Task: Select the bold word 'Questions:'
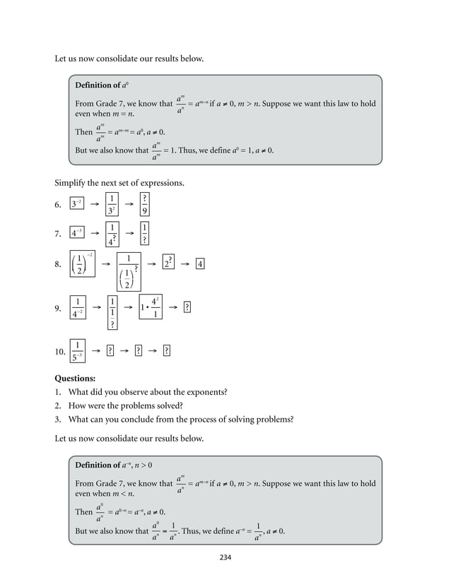(x=75, y=378)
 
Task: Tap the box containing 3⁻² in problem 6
(x=78, y=204)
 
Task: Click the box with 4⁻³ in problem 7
(x=78, y=232)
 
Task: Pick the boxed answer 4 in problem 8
(x=201, y=264)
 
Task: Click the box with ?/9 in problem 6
(x=144, y=204)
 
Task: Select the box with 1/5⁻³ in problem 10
(x=78, y=350)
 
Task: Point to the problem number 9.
(x=59, y=308)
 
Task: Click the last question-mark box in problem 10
(x=166, y=350)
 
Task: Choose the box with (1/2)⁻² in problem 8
(x=83, y=264)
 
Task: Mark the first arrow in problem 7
(x=94, y=232)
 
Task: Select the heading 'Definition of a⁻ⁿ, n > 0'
(x=114, y=465)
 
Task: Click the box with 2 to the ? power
(x=168, y=263)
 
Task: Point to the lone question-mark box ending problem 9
(x=187, y=307)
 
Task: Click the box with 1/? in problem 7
(x=144, y=232)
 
